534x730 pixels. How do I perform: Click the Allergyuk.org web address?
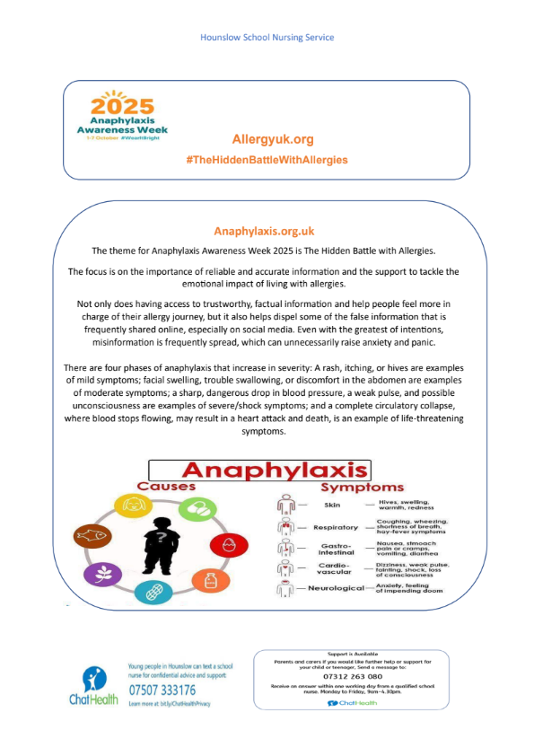(273, 139)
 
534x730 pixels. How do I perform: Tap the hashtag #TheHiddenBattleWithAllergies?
(267, 159)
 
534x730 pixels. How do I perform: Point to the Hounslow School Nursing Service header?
(267, 38)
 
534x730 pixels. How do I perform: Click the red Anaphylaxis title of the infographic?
(274, 471)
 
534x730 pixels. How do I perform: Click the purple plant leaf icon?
(101, 576)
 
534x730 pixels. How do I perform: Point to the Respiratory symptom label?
(336, 527)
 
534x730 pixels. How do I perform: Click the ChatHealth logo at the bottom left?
(94, 686)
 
